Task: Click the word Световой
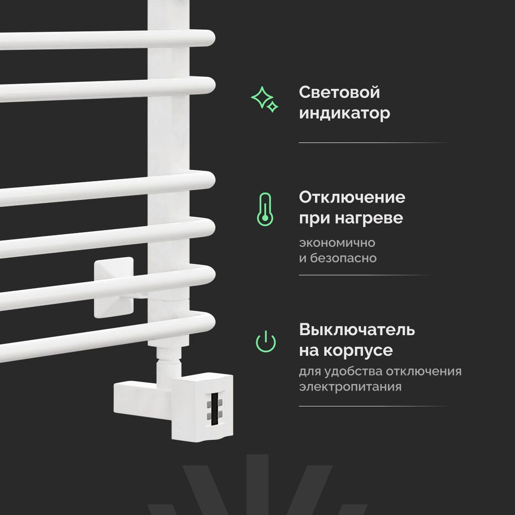(339, 92)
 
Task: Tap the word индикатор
(345, 114)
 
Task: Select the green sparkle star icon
(264, 99)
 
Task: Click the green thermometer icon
(265, 209)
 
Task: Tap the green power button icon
(266, 341)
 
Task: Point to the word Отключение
(352, 197)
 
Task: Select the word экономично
(337, 243)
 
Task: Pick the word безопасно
(343, 258)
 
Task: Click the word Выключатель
(357, 330)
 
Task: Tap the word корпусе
(358, 350)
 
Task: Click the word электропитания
(350, 387)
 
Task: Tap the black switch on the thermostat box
(215, 408)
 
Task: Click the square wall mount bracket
(114, 287)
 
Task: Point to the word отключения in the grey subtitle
(424, 371)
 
